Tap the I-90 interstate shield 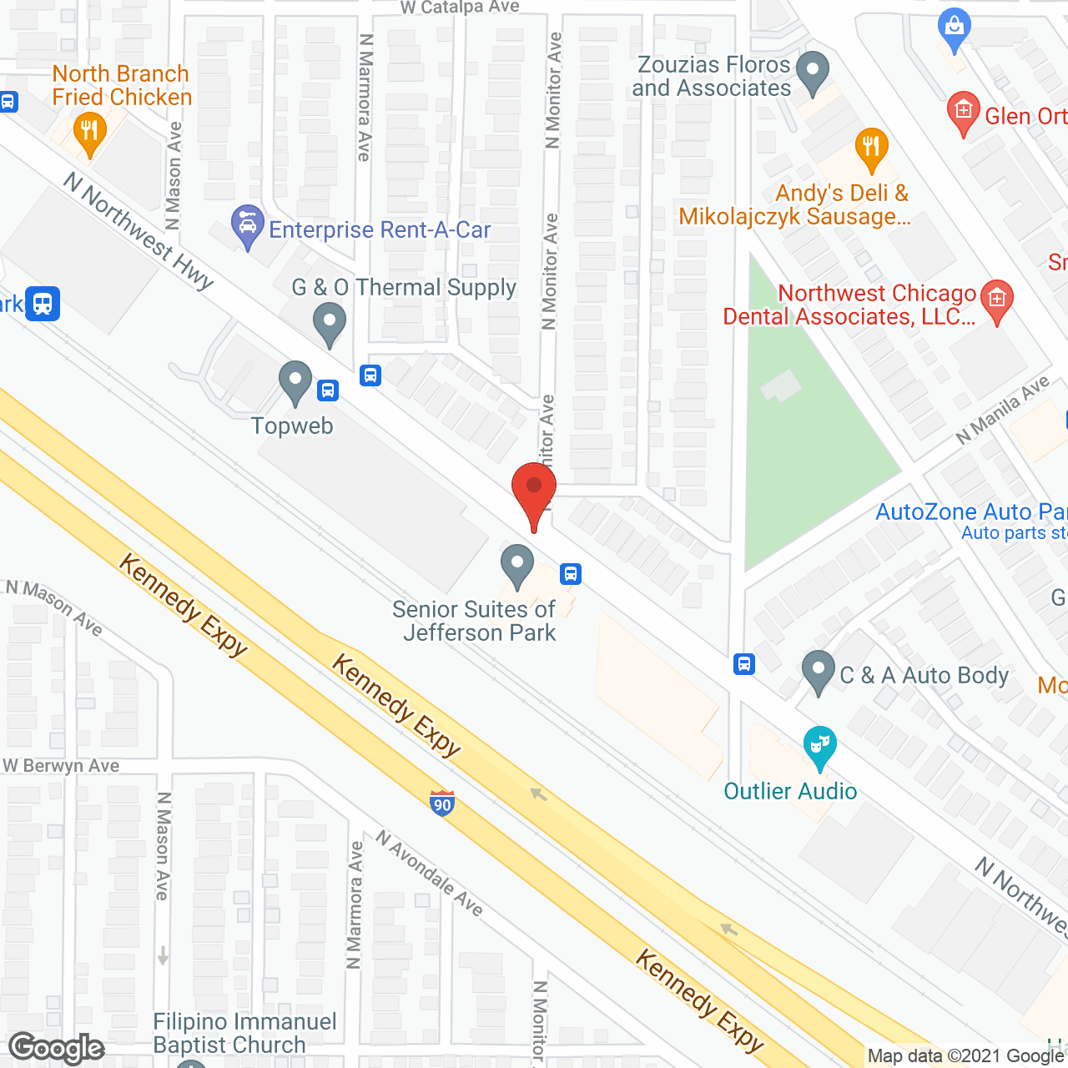tap(442, 803)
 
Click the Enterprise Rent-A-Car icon tap(247, 226)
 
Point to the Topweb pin tap(295, 383)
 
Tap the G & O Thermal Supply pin tap(330, 324)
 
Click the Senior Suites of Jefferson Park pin tap(517, 566)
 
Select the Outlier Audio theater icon tap(819, 747)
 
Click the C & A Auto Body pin tap(818, 672)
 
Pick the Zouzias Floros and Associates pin tap(812, 73)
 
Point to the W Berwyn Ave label tap(61, 766)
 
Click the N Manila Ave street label tap(1002, 410)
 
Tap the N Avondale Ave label tap(429, 873)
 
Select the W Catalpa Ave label tap(460, 8)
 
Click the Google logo tap(57, 1048)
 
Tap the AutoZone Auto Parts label tap(970, 512)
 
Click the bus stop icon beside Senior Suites tap(571, 574)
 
